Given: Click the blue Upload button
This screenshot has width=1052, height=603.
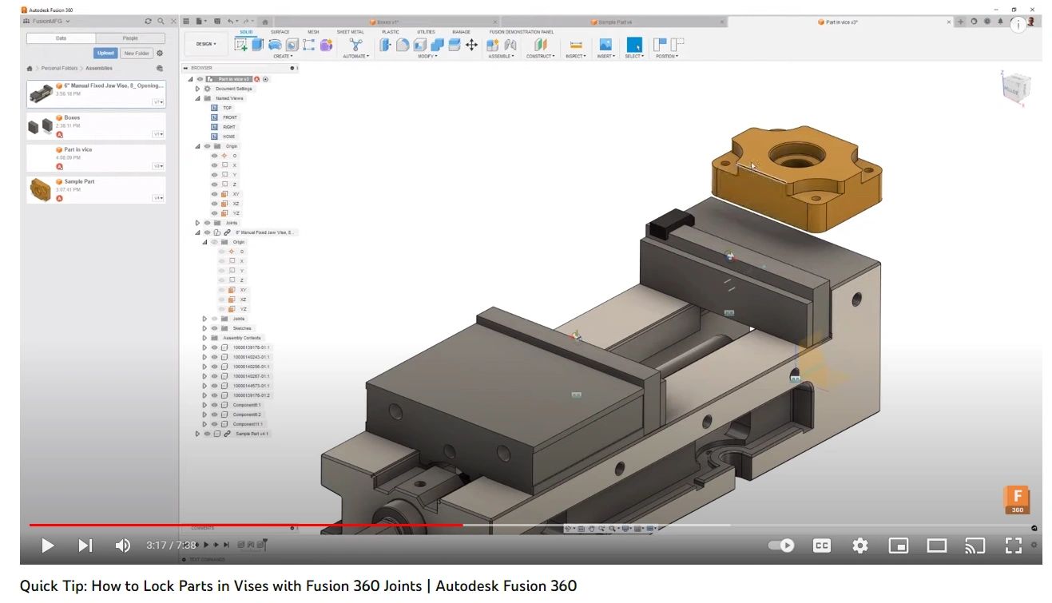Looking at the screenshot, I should (x=105, y=54).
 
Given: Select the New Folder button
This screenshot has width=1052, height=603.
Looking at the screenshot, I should (x=137, y=54).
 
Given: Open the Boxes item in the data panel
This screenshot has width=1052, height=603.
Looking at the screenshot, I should (x=72, y=117).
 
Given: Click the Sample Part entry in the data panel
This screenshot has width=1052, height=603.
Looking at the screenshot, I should (x=78, y=181).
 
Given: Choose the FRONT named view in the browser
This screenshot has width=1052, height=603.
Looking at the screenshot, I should (x=230, y=117).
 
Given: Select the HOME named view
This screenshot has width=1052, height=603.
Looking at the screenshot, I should (x=229, y=137).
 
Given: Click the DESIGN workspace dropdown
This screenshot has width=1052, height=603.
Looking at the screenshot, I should (x=206, y=44).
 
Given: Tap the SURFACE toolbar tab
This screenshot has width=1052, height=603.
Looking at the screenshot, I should (x=280, y=32).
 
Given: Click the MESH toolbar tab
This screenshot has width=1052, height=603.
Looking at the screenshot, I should (x=313, y=32).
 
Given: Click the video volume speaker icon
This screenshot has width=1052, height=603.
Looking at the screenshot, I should (x=122, y=545).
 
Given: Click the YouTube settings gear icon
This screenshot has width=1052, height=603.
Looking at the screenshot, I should (x=859, y=545).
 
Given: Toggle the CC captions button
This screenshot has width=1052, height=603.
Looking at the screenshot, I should (x=821, y=545).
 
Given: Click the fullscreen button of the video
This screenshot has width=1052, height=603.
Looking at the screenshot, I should (x=1013, y=545).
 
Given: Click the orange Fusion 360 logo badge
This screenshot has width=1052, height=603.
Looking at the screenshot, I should (x=1017, y=500).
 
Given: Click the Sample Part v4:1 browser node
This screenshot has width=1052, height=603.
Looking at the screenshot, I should (x=252, y=434).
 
